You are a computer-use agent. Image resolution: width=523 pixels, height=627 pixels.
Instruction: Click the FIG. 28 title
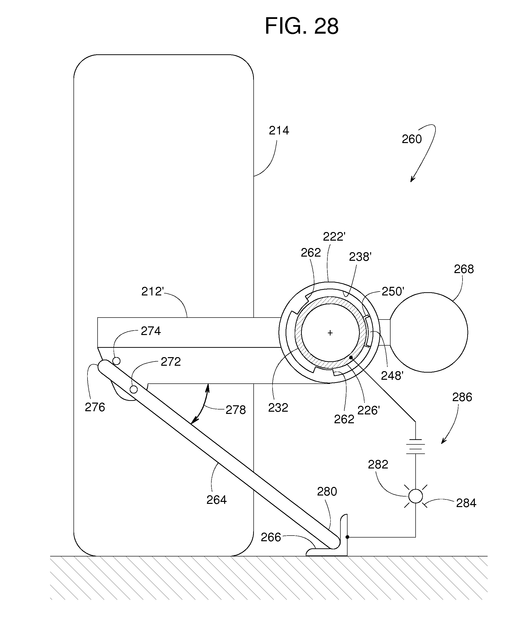(x=302, y=26)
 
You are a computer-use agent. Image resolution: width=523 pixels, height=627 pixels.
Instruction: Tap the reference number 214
(x=279, y=131)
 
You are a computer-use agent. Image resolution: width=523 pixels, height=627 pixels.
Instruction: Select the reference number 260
(x=412, y=139)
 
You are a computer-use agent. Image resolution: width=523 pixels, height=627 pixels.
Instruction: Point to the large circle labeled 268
(x=428, y=332)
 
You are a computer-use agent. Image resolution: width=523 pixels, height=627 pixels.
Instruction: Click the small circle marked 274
(x=116, y=361)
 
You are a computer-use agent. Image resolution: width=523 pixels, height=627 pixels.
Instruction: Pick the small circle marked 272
(x=134, y=389)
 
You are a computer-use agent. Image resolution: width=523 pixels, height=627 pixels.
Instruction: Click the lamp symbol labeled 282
(x=416, y=496)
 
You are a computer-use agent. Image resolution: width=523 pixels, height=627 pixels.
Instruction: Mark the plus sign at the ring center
(x=330, y=333)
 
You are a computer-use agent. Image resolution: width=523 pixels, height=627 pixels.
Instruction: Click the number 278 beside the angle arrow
(x=235, y=410)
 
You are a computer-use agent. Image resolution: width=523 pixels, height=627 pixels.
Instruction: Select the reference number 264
(x=217, y=500)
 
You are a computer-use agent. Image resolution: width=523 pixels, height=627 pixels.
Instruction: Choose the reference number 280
(x=327, y=491)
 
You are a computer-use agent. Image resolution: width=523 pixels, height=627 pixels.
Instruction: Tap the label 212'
(x=153, y=292)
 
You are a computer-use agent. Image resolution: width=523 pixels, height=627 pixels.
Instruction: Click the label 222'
(x=334, y=237)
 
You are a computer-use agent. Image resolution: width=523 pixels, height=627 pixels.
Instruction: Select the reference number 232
(x=278, y=408)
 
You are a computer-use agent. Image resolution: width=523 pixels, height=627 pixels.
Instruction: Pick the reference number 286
(x=462, y=397)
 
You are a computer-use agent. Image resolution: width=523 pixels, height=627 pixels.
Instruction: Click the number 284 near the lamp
(x=466, y=503)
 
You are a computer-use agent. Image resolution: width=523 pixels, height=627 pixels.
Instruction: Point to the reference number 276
(x=95, y=407)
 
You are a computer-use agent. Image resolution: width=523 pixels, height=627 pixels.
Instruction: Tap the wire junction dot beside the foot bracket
(x=347, y=537)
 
